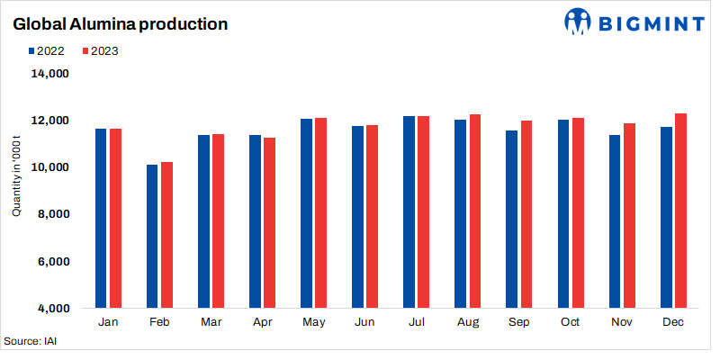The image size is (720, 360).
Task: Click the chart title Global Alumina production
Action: click(x=119, y=24)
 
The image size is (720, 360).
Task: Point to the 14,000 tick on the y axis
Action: click(x=51, y=74)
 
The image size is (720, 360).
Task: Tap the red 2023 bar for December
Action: click(x=680, y=211)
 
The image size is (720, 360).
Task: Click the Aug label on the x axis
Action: click(x=468, y=322)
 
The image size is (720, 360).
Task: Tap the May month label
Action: click(x=313, y=322)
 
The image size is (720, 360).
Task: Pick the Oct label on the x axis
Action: click(x=571, y=322)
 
